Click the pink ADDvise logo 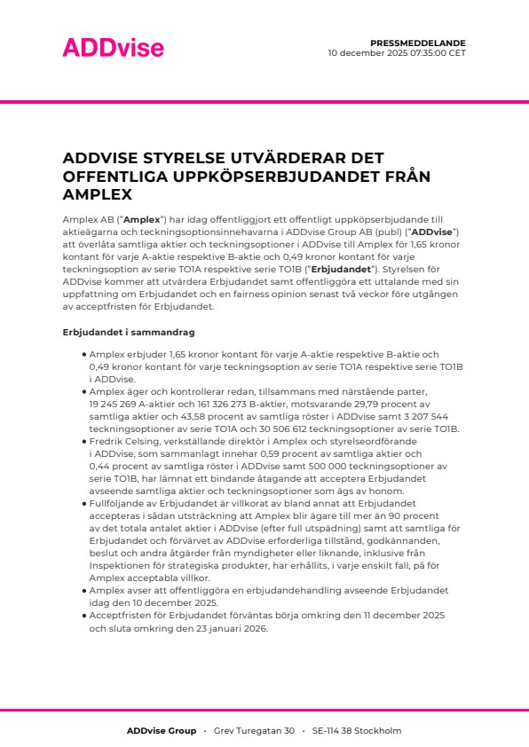101,47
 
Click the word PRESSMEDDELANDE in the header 417,43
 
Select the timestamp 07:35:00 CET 426,52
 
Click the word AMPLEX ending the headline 98,194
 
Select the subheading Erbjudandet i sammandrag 116,332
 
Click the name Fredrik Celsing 123,441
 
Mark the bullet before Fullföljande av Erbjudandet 83,501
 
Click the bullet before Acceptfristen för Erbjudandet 83,615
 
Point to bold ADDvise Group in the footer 161,731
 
